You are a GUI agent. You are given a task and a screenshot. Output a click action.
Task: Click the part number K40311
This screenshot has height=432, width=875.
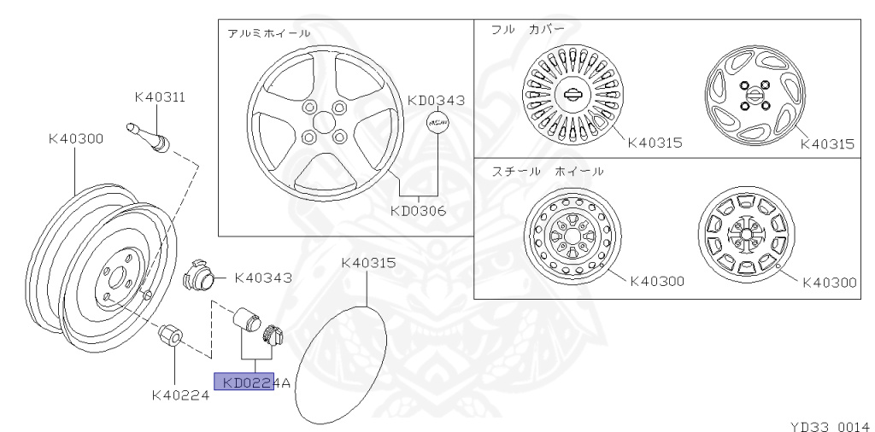pyautogui.click(x=160, y=97)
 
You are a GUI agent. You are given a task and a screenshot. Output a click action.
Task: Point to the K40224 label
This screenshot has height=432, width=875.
pyautogui.click(x=181, y=395)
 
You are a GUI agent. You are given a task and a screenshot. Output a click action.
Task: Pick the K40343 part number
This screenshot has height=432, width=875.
pyautogui.click(x=263, y=277)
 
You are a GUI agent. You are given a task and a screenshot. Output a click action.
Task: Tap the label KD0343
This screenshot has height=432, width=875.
pyautogui.click(x=436, y=101)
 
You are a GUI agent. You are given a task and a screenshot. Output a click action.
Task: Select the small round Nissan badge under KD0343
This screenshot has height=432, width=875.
pyautogui.click(x=438, y=123)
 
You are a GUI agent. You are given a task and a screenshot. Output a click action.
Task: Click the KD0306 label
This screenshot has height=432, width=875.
pyautogui.click(x=418, y=211)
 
